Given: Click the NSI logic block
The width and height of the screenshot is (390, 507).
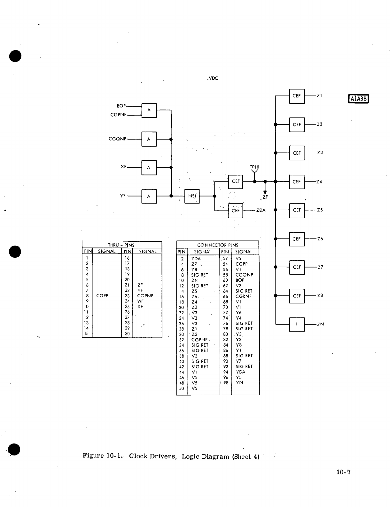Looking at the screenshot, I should pyautogui.click(x=192, y=196).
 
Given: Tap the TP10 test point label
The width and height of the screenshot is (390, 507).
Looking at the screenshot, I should pyautogui.click(x=254, y=167).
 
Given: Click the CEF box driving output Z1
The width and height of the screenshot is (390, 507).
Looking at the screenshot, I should pyautogui.click(x=297, y=96).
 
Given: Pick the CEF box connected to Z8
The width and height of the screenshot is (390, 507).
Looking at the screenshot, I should pyautogui.click(x=297, y=296).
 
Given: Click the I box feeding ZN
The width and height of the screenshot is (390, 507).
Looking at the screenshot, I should pyautogui.click(x=297, y=324).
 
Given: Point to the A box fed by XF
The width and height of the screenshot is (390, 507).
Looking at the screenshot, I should pyautogui.click(x=149, y=167).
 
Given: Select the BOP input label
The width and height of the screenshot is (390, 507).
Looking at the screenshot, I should pyautogui.click(x=121, y=106).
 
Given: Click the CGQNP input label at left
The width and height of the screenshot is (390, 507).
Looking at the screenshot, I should pyautogui.click(x=118, y=139).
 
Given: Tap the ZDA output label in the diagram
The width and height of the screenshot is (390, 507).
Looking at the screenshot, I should pyautogui.click(x=261, y=210).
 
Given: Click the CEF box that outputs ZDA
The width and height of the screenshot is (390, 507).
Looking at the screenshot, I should pyautogui.click(x=236, y=210).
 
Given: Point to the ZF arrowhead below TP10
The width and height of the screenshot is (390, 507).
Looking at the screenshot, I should pyautogui.click(x=265, y=192).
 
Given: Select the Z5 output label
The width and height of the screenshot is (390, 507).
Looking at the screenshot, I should pyautogui.click(x=320, y=210).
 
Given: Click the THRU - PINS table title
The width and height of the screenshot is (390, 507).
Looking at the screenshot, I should pyautogui.click(x=121, y=245).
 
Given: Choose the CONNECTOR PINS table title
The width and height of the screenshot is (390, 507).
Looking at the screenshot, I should pyautogui.click(x=218, y=245).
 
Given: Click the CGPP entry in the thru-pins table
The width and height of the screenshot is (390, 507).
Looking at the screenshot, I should pyautogui.click(x=102, y=296).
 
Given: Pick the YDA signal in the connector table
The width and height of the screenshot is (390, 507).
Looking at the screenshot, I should pyautogui.click(x=240, y=372).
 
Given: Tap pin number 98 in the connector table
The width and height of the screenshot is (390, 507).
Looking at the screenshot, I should pyautogui.click(x=226, y=382).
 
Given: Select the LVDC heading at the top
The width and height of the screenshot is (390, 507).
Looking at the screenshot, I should pyautogui.click(x=212, y=78).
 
